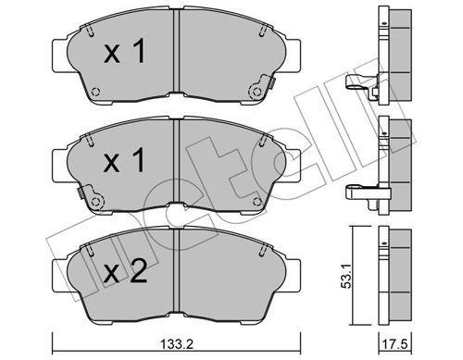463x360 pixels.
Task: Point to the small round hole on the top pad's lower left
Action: tap(96, 91)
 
